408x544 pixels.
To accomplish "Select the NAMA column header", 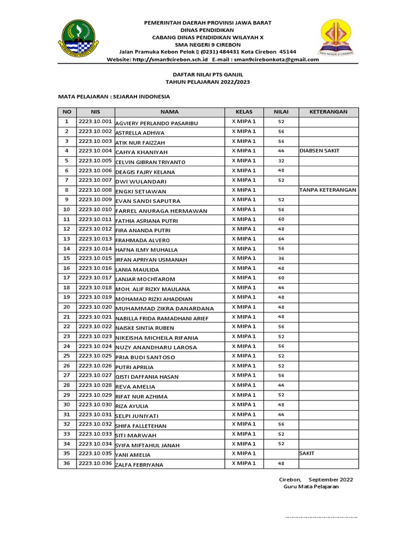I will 169,112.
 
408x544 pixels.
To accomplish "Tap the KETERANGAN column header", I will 328,112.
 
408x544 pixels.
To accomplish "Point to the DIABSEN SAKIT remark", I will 319,151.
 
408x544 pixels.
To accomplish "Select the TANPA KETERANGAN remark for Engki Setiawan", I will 328,190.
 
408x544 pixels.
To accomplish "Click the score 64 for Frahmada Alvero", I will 281,239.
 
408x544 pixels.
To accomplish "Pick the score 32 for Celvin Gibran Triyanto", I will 281,161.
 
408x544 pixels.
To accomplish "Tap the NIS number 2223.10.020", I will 95,307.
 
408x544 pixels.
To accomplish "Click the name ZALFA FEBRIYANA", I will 139,465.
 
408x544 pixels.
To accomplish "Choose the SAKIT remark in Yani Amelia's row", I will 307,454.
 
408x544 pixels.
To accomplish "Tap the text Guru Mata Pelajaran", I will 311,487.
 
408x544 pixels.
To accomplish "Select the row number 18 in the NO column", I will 67,287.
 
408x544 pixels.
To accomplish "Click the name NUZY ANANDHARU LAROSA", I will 156,347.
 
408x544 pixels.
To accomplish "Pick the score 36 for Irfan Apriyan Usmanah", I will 281,259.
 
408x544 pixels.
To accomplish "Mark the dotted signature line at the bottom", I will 321,516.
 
